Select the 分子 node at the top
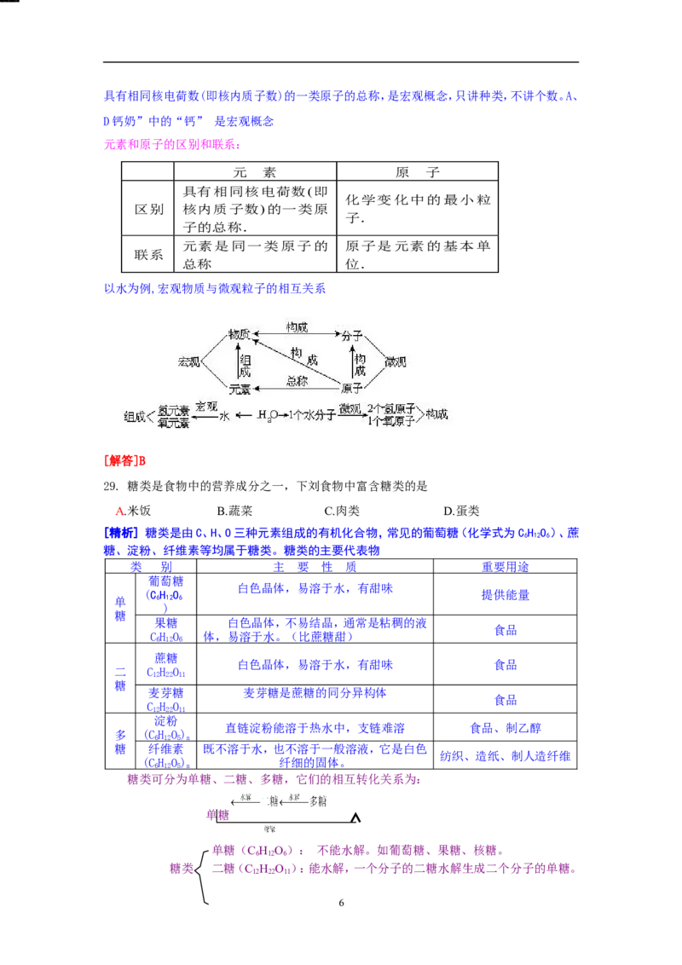click(x=352, y=335)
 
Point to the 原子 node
click(x=352, y=388)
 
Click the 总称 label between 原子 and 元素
click(x=297, y=381)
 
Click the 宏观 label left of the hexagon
click(x=188, y=361)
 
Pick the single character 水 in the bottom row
click(x=225, y=416)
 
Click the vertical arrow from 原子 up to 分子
click(x=352, y=361)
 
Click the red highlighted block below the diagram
click(x=125, y=461)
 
